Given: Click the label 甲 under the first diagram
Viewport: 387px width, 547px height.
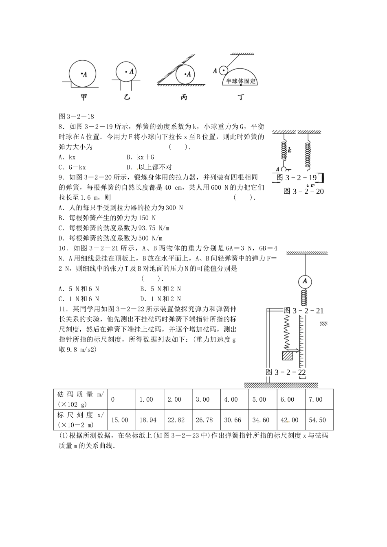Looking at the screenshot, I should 84,97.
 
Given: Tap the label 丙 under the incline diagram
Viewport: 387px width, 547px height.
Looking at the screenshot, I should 184,97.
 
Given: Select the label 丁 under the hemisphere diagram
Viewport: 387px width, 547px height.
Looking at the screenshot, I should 241,97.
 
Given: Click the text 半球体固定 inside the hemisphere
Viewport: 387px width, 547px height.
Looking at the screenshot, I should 242,81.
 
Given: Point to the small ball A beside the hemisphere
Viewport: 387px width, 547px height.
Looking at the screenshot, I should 223,70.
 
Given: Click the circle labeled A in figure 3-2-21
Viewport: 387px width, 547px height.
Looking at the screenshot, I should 304,282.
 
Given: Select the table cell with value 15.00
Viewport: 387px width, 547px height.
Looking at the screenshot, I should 120,420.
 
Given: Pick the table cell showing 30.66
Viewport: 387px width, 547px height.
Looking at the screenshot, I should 233,420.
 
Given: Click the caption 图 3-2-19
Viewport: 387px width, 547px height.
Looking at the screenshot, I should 297,178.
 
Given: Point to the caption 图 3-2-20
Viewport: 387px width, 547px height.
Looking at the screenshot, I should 303,191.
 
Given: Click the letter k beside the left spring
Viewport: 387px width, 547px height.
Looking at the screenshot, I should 290,150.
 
